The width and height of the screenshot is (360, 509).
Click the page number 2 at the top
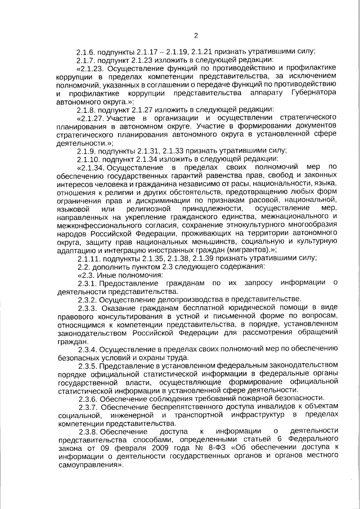pyautogui.click(x=196, y=36)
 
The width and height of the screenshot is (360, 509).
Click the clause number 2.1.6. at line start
pyautogui.click(x=86, y=52)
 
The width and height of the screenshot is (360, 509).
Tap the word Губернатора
pyautogui.click(x=313, y=93)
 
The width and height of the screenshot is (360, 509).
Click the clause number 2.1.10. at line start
pyautogui.click(x=88, y=158)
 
